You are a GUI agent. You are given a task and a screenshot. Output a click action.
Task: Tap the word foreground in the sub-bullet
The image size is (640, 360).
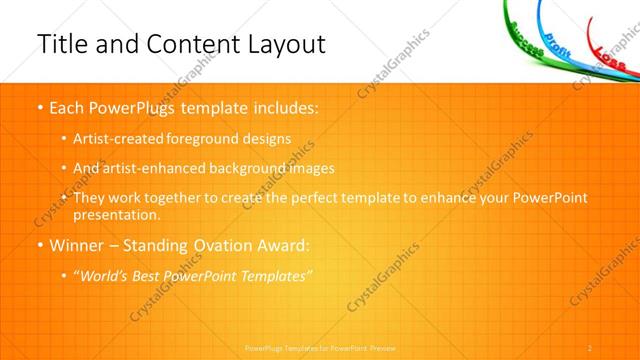(x=214, y=139)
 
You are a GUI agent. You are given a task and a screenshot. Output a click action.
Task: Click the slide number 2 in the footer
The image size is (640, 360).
(x=590, y=346)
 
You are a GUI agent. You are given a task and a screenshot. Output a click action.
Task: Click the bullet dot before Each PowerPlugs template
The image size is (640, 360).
(x=39, y=106)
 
